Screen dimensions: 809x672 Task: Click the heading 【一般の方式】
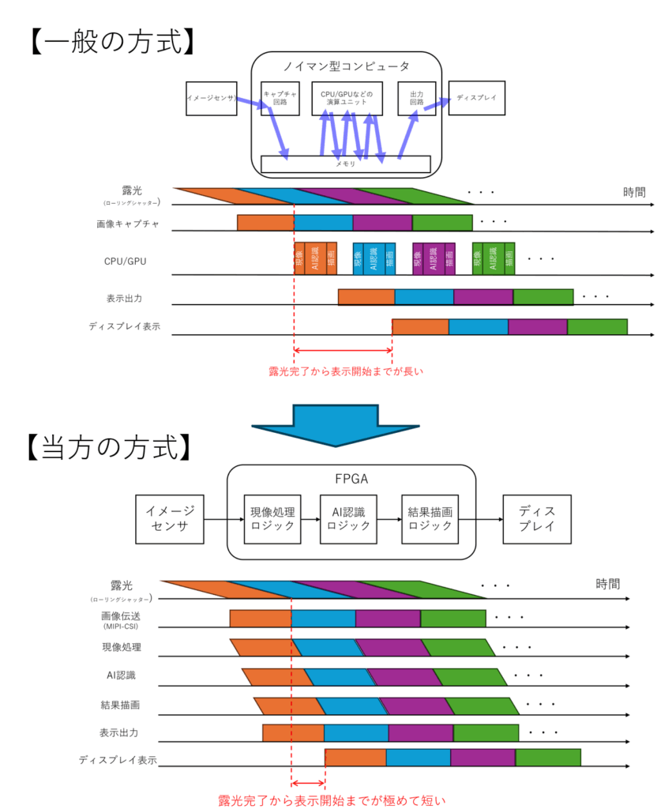click(x=111, y=40)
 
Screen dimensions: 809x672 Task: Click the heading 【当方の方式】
click(x=111, y=446)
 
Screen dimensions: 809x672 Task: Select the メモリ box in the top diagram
click(x=345, y=164)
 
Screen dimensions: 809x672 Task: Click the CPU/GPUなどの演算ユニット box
click(x=347, y=98)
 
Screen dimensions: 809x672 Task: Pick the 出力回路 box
click(x=416, y=98)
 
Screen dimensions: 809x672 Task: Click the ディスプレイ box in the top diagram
click(x=476, y=98)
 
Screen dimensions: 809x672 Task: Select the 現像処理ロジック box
click(x=272, y=519)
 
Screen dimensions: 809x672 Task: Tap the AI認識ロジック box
click(x=349, y=519)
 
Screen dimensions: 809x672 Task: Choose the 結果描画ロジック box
click(x=430, y=519)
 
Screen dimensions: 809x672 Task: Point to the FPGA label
click(x=351, y=478)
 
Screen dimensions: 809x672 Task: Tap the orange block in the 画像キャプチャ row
click(x=265, y=223)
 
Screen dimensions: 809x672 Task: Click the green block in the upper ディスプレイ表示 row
click(x=597, y=327)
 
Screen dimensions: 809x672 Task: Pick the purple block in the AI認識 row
click(x=404, y=677)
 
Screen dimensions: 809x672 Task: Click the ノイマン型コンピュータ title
click(x=346, y=66)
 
